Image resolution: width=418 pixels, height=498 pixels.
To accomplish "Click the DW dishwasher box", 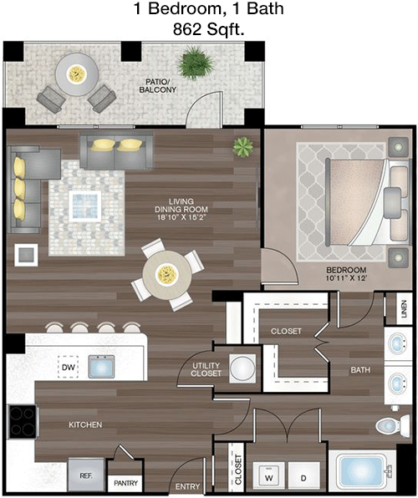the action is tap(69, 367).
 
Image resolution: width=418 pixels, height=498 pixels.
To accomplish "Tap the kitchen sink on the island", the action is tap(101, 367).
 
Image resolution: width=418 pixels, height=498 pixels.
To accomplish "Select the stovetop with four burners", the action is tap(23, 422).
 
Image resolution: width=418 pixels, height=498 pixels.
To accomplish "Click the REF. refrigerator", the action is tap(86, 475).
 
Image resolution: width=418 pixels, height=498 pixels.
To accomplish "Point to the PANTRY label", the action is tap(126, 483).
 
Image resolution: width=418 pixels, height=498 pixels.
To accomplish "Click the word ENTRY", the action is tap(187, 486).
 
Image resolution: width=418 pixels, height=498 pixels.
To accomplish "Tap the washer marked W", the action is tap(269, 478).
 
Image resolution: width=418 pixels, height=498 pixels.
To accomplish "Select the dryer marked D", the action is tap(303, 478).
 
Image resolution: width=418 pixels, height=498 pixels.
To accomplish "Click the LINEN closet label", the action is tap(404, 308).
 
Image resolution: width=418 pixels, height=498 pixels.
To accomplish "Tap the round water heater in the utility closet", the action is tap(242, 368).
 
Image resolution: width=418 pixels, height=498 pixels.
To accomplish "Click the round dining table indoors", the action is tap(167, 275).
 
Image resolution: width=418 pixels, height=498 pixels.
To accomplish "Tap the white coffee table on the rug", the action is tap(85, 206).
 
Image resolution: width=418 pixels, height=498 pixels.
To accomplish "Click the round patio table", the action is tap(77, 74).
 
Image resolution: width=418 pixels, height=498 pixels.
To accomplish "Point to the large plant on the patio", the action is tap(195, 63).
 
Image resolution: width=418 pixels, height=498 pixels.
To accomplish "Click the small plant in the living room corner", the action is tap(243, 146).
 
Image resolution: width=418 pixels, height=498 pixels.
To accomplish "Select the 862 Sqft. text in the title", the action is tap(208, 29).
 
